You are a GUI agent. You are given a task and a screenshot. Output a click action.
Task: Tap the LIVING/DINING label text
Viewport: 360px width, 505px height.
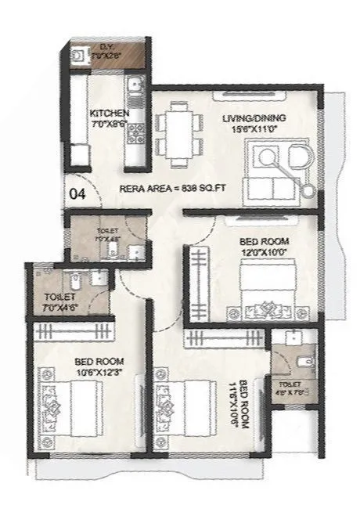253,118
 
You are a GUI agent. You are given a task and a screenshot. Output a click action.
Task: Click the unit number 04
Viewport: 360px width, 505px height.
77,192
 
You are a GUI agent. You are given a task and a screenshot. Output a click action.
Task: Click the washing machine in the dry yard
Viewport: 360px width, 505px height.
77,56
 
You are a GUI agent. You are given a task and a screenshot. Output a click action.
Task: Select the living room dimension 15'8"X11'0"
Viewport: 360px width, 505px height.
253,129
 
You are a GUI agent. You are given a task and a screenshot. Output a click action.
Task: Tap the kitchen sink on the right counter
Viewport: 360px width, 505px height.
135,88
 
